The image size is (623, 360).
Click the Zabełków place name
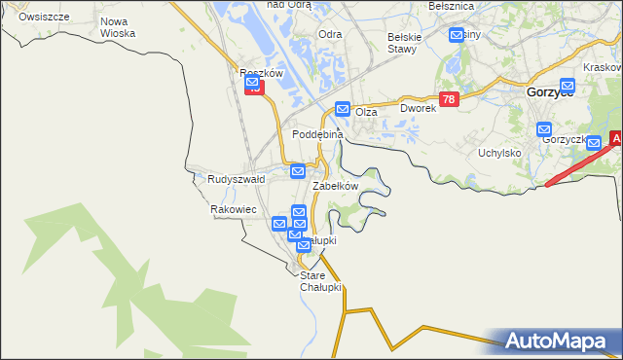(x=336, y=185)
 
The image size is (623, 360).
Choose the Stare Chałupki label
(x=320, y=281)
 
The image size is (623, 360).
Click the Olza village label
(x=366, y=113)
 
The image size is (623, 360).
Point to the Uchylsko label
(x=500, y=153)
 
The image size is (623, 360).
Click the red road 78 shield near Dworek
(x=448, y=100)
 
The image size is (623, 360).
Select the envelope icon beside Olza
(x=343, y=109)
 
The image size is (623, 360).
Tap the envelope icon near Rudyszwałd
(x=298, y=171)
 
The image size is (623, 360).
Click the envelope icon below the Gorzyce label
(x=567, y=86)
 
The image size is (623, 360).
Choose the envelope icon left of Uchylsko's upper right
(x=544, y=129)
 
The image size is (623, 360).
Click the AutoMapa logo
(x=560, y=341)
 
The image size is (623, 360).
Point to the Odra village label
(x=330, y=34)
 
